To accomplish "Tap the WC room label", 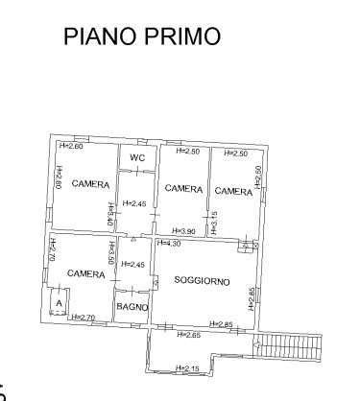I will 137,156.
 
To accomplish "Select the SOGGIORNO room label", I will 200,280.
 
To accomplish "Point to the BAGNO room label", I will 132,306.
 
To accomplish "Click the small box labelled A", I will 59,305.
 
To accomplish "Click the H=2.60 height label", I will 71,146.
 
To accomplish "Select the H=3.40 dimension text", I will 111,213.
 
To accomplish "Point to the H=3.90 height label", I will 184,231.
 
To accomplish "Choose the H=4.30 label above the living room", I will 169,243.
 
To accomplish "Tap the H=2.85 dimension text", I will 223,324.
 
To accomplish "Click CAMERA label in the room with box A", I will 85,273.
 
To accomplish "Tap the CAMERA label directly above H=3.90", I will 182,189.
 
